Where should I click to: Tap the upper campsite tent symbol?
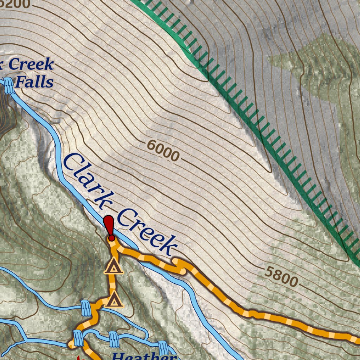pos(113,266)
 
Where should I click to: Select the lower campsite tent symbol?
pos(113,301)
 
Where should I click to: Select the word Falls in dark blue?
pos(34,82)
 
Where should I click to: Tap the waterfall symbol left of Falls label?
pos(9,85)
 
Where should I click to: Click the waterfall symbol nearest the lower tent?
pos(86,308)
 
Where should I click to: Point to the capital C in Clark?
pos(71,162)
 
